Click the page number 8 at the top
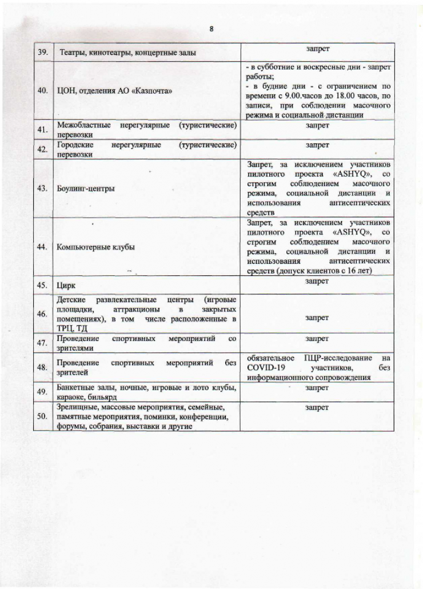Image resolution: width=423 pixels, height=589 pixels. [x=212, y=29]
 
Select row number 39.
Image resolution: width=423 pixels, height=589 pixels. [x=42, y=53]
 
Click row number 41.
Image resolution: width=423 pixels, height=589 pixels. [x=42, y=129]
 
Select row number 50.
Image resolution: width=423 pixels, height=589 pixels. [x=42, y=416]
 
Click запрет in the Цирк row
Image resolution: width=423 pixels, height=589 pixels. [x=317, y=282]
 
